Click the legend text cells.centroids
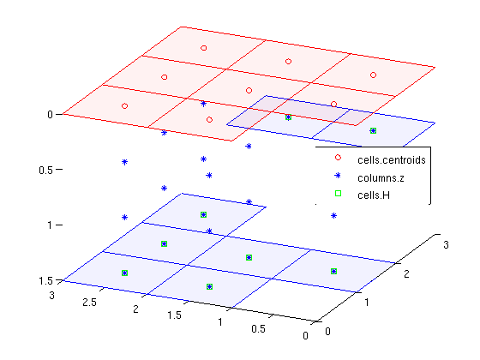pos(392,160)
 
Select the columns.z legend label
pos(381,178)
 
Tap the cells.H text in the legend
pos(374,195)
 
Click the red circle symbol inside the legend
pos(338,158)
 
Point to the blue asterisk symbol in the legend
pos(338,176)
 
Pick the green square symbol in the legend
pos(338,193)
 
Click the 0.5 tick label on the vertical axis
pos(45,171)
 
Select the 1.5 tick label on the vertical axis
pos(45,281)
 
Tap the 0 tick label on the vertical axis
pos(50,115)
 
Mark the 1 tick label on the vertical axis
pos(50,225)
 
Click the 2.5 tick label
pos(89,303)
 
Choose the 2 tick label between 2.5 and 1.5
pos(135,309)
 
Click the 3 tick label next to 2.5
pos(51,296)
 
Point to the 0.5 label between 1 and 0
pos(258,329)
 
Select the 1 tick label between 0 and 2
pos(367,303)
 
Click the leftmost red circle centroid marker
pos(124,106)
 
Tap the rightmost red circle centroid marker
pos(373,75)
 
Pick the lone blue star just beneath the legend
pos(333,216)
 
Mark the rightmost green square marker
pos(373,130)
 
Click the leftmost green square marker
pos(124,273)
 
